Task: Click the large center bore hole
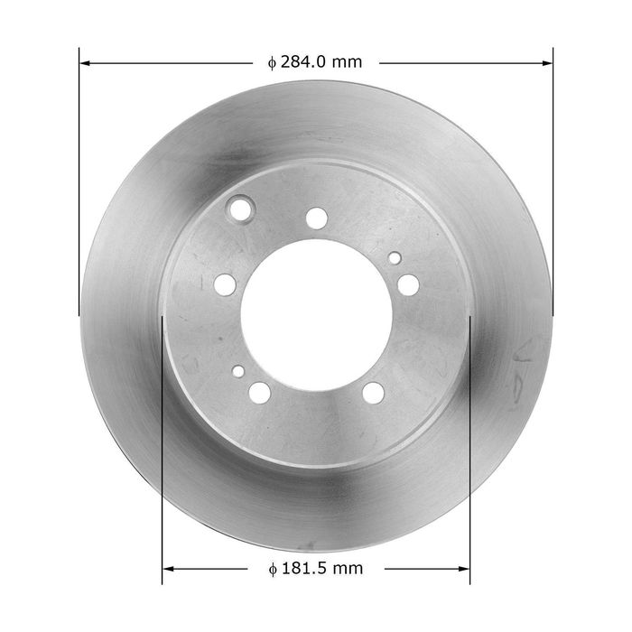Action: coord(316,316)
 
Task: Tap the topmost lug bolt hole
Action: coord(316,218)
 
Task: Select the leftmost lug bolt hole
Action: coord(225,284)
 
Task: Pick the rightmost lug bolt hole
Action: coord(408,284)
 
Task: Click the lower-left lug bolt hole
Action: coord(260,393)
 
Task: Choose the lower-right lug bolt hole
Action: coord(373,393)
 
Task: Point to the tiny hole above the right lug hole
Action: coord(395,258)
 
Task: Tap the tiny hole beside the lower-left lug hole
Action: coord(238,371)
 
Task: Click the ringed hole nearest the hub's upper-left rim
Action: coord(241,209)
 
